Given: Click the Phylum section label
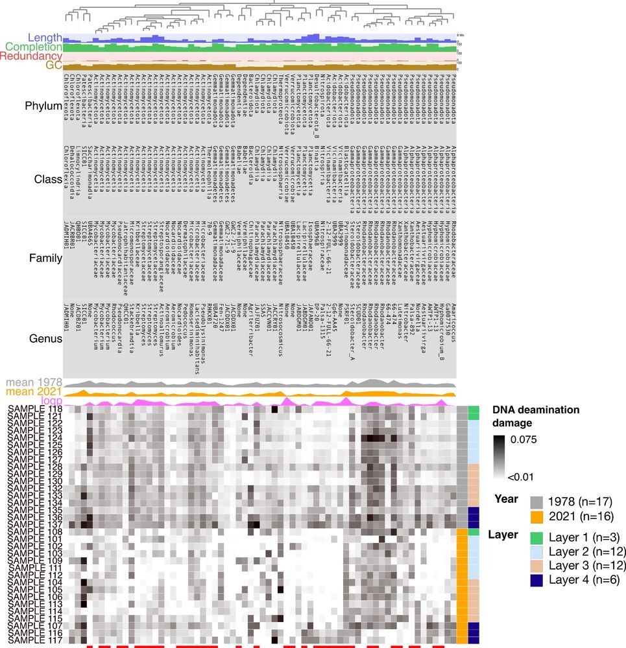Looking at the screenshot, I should (43, 106).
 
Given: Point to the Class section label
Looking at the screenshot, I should (48, 179).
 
